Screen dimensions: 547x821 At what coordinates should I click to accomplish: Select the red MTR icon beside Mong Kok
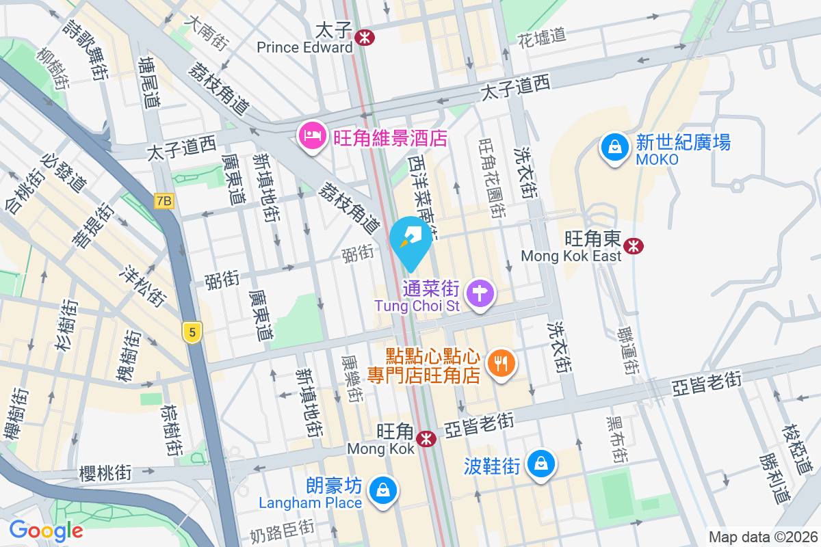[x=428, y=438]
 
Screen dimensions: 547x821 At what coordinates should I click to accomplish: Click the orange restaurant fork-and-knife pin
[x=501, y=363]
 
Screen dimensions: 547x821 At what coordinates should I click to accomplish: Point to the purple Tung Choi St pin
[x=480, y=294]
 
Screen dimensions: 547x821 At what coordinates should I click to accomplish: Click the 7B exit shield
[x=164, y=201]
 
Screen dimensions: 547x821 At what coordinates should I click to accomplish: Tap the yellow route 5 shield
[x=193, y=333]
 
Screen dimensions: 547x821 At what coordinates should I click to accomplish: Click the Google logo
[x=46, y=530]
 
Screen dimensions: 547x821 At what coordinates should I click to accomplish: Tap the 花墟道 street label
[x=542, y=36]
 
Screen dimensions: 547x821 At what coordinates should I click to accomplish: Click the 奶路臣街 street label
[x=282, y=529]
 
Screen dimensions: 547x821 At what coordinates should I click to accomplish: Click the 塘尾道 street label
[x=148, y=81]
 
